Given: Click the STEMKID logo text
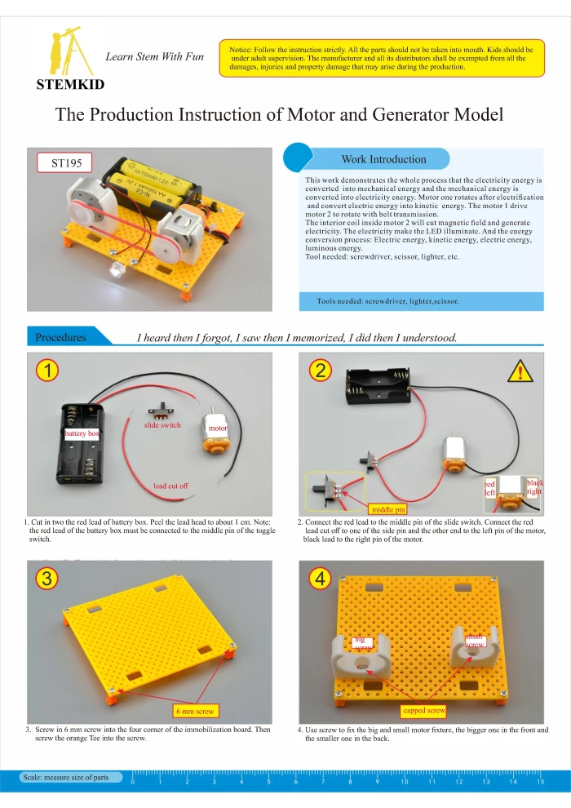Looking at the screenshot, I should (x=69, y=84).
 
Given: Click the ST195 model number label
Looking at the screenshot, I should (x=66, y=163).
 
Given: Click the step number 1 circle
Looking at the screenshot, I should (x=48, y=371).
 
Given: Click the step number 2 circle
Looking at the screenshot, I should (x=321, y=371).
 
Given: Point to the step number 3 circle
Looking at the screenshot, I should (x=48, y=579).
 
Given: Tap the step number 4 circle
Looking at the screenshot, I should (x=321, y=579).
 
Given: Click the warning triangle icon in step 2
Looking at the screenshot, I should (x=520, y=372).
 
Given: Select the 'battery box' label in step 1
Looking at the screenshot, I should (x=82, y=433).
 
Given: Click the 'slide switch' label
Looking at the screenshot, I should (x=162, y=425).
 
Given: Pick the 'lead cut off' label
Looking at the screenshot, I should (x=170, y=486).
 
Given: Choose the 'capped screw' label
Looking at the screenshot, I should (x=424, y=711).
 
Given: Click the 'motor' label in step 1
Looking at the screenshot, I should (x=218, y=428).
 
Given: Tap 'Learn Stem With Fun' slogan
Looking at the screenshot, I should (x=154, y=56).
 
